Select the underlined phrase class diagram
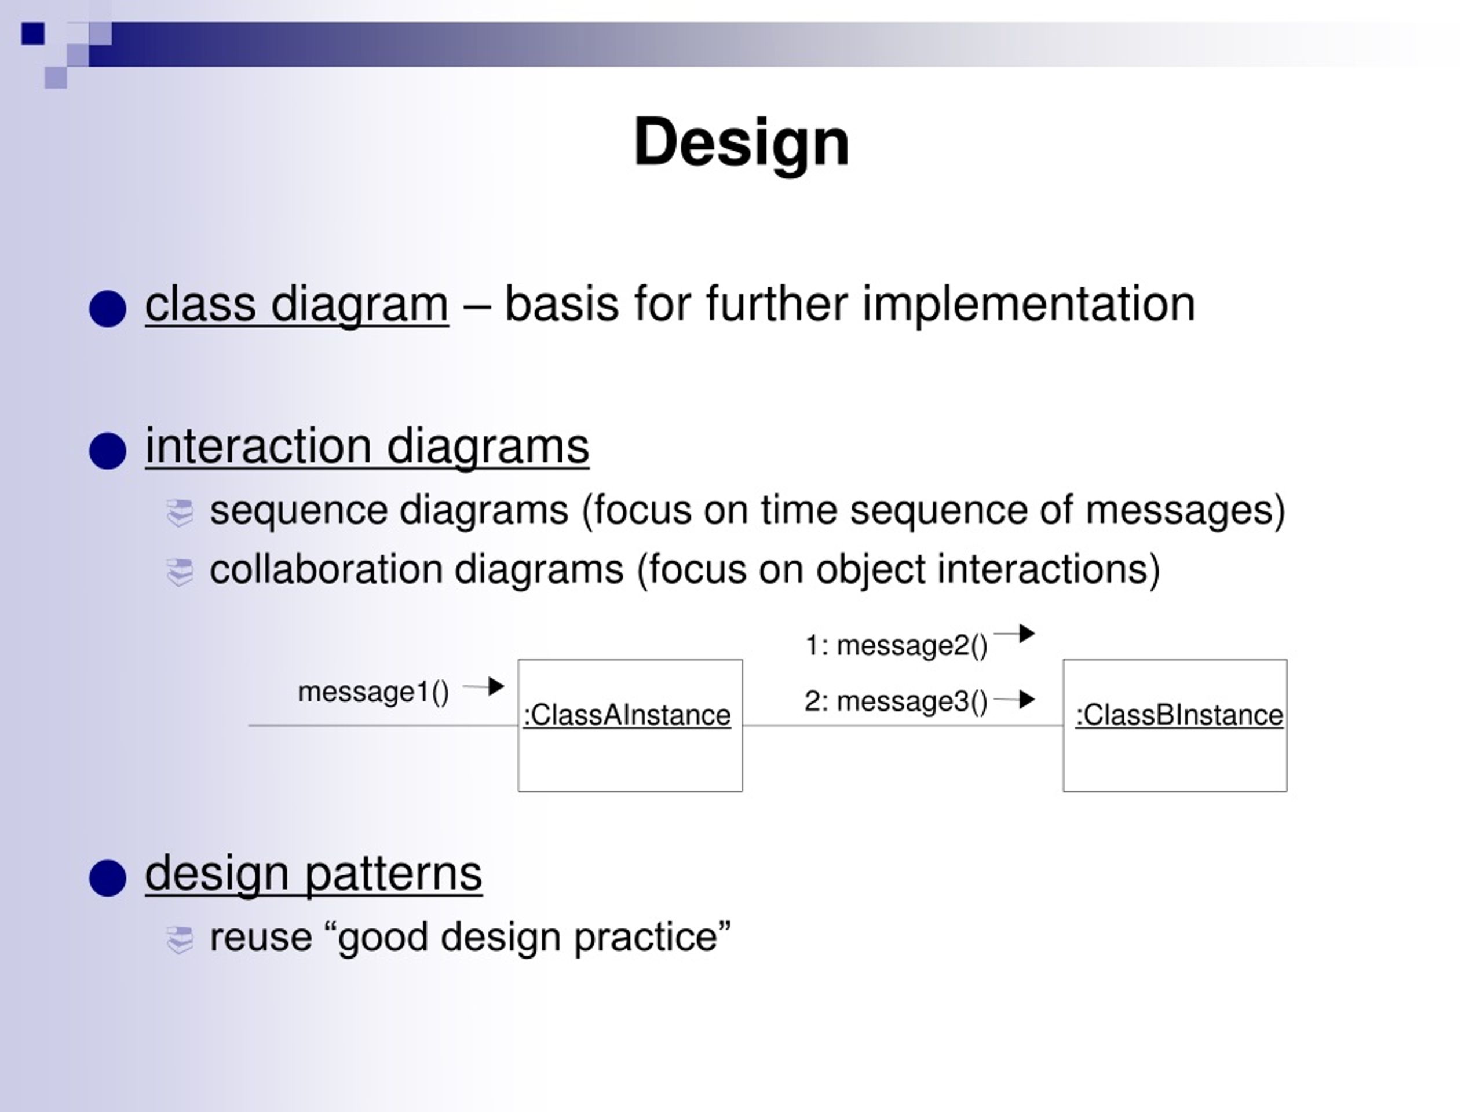(297, 305)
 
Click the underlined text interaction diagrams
(367, 447)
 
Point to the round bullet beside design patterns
(107, 878)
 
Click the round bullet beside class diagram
(107, 309)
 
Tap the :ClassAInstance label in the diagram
(627, 715)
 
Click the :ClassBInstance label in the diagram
(1179, 715)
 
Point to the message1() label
(374, 692)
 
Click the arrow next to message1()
(483, 686)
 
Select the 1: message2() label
(896, 646)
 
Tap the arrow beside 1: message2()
(1014, 633)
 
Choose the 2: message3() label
(896, 702)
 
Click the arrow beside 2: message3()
(1014, 700)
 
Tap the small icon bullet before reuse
(180, 941)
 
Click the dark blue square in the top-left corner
(33, 34)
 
